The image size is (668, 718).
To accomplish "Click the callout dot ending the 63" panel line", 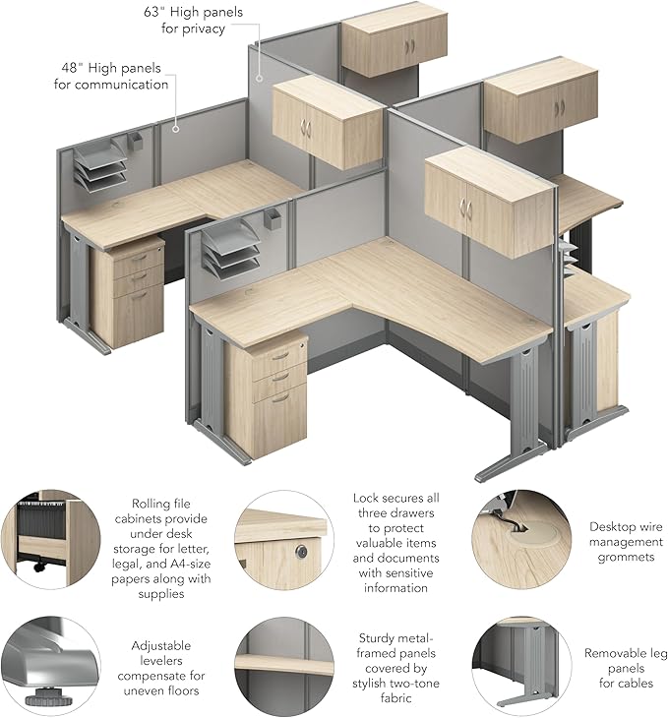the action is (x=259, y=79).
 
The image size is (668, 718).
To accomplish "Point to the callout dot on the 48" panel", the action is (x=175, y=129).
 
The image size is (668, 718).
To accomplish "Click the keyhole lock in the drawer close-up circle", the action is (x=301, y=552).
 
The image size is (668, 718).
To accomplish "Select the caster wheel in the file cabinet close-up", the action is (x=40, y=566).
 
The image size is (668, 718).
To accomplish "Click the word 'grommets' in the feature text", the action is (x=626, y=557).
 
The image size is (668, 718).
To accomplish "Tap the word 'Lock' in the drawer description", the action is (x=366, y=499).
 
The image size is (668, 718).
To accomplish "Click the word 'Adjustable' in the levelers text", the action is (x=160, y=646).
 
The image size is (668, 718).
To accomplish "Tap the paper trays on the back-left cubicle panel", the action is (x=100, y=166).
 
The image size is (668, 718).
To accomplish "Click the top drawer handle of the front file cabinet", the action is (x=280, y=356).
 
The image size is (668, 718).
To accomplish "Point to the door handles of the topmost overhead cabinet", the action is (x=409, y=46).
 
